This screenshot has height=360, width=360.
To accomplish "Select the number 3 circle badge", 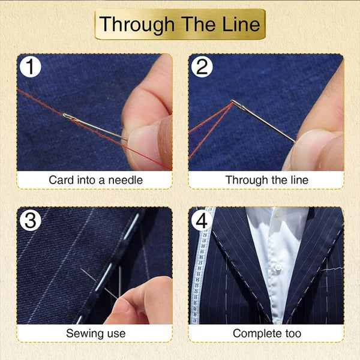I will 31,221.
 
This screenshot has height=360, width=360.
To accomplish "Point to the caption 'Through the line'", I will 266,180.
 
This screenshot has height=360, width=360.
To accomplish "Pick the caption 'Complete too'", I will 266,333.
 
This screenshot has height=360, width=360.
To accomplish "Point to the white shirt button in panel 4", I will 277,268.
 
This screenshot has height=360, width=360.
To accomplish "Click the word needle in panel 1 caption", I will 127,180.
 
